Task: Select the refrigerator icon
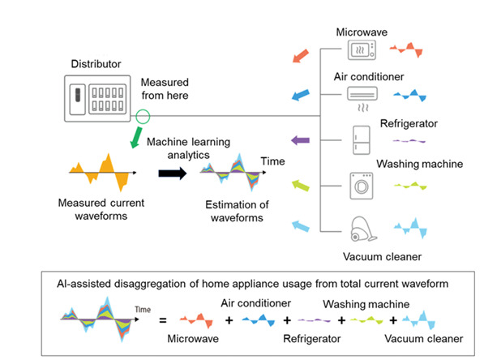coord(361,139)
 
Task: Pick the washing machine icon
coord(361,182)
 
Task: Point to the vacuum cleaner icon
coord(362,229)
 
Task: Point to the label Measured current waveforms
coord(90,207)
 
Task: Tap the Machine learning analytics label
coord(189,148)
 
